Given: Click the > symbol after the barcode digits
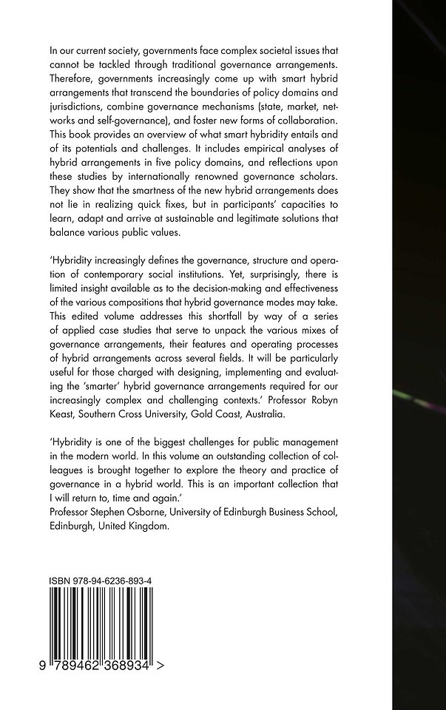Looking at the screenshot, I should pyautogui.click(x=161, y=645).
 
